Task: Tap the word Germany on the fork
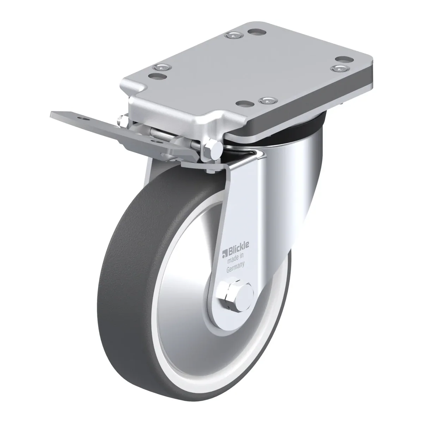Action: point(235,267)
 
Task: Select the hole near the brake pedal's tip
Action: point(84,119)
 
